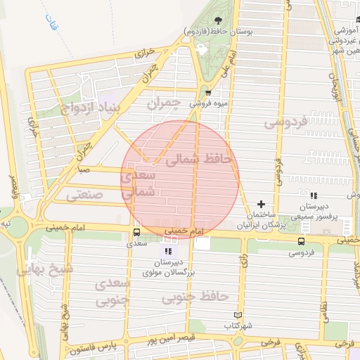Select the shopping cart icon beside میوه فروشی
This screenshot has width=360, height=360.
208,91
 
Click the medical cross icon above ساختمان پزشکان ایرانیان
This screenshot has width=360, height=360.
262,203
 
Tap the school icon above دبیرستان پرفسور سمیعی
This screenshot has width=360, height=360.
314,195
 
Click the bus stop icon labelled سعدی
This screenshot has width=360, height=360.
136,232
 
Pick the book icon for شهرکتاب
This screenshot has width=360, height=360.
236,315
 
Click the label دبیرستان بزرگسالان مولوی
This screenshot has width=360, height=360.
167,266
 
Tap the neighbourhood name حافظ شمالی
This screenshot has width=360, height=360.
198,160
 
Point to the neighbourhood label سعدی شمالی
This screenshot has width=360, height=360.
137,184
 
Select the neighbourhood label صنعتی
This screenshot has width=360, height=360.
85,195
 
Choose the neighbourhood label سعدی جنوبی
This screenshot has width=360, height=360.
112,290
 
